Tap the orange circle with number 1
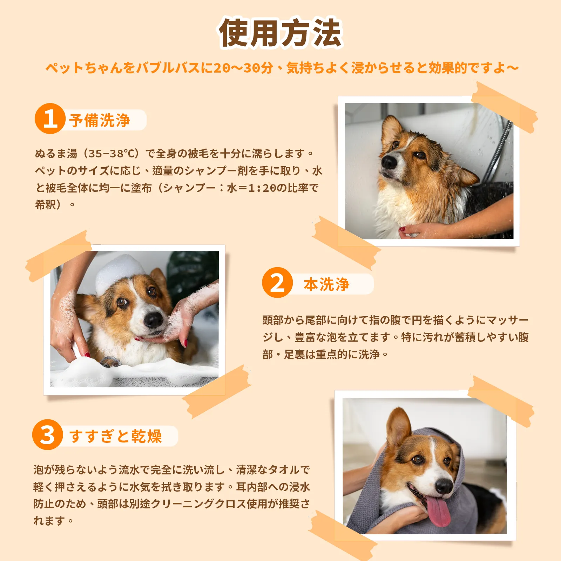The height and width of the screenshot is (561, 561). [50, 119]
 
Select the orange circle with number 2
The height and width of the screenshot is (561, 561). [277, 283]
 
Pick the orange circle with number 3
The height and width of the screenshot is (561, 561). [47, 435]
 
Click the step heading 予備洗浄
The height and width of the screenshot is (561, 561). [100, 120]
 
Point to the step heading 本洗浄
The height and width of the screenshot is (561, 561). [326, 284]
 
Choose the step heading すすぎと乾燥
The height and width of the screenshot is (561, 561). [115, 437]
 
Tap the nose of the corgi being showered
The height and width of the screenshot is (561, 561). [388, 162]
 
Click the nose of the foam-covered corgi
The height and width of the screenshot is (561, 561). [154, 320]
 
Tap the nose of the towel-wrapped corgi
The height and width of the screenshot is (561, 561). [444, 486]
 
